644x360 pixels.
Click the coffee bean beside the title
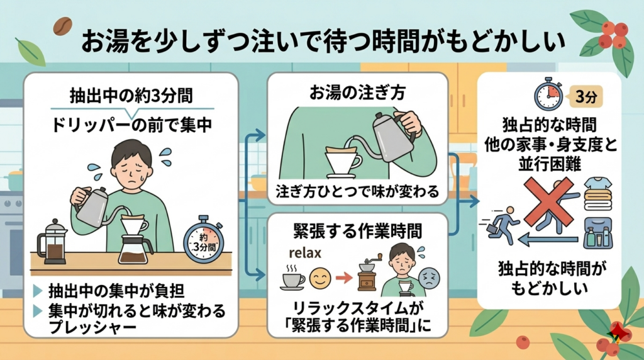(x=63, y=26)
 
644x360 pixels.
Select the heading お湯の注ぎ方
(x=357, y=92)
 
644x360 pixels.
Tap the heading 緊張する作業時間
(x=357, y=231)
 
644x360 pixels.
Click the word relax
(x=305, y=255)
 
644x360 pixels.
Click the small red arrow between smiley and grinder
(x=343, y=277)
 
